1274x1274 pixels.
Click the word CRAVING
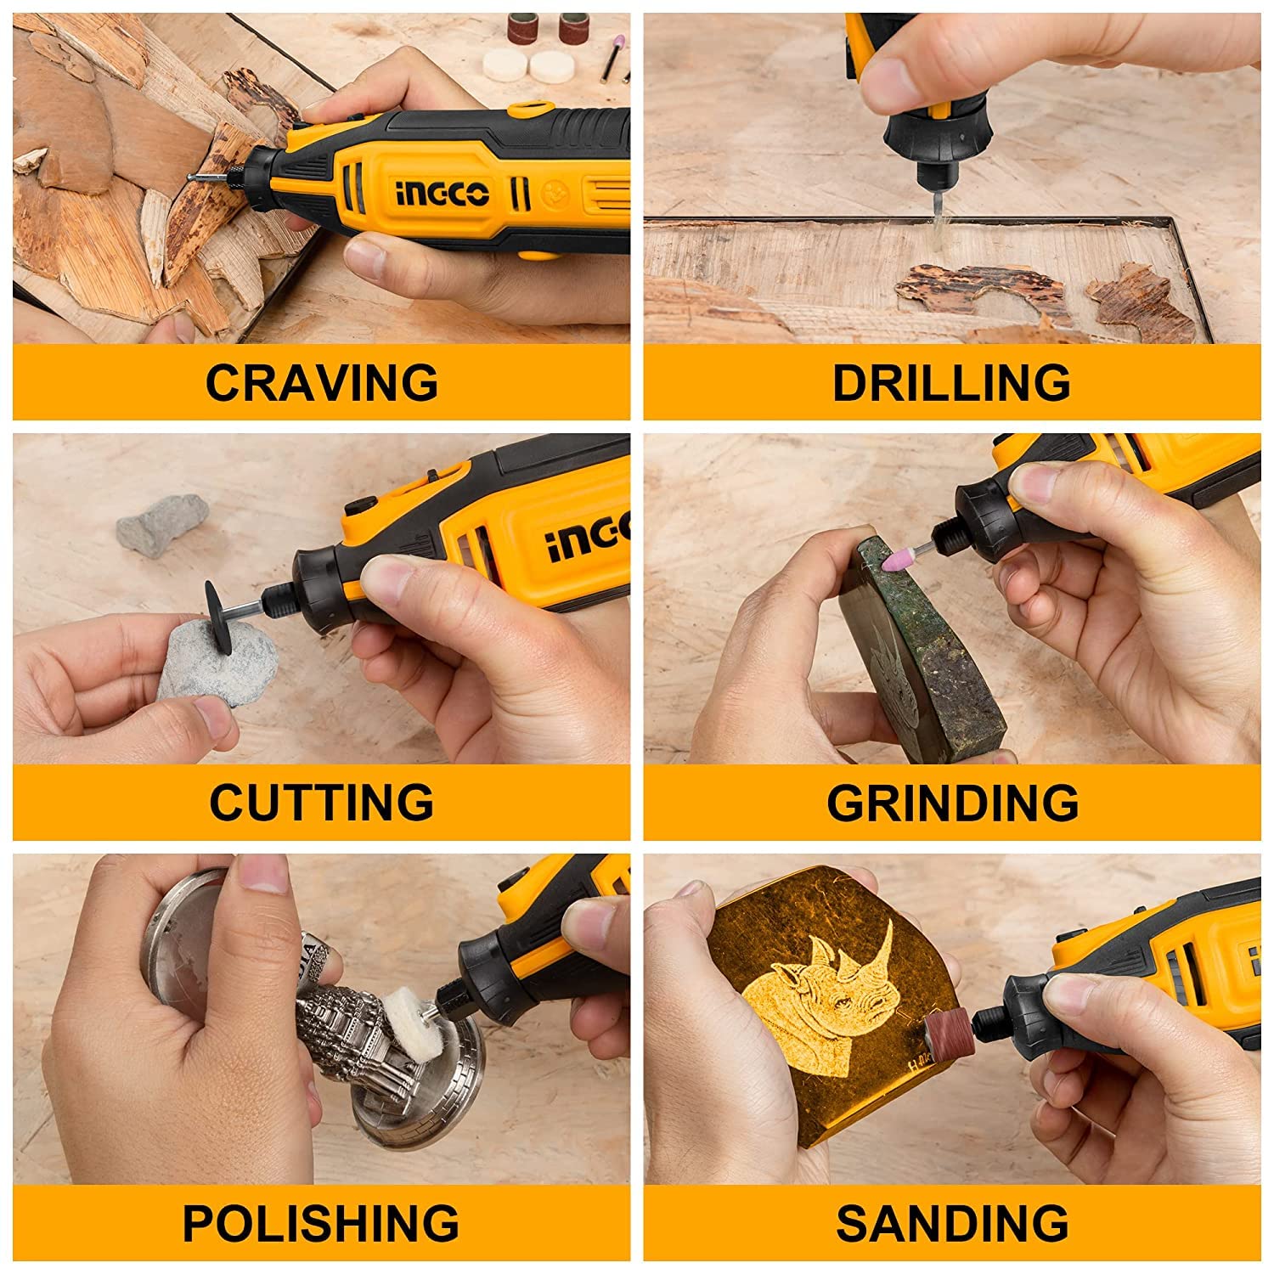pyautogui.click(x=321, y=382)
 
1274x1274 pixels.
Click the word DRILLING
pyautogui.click(x=951, y=382)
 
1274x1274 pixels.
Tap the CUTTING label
pyautogui.click(x=321, y=802)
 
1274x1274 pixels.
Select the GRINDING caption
pyautogui.click(x=952, y=802)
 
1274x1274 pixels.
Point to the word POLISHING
pyautogui.click(x=321, y=1222)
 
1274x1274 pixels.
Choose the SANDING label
pyautogui.click(x=952, y=1222)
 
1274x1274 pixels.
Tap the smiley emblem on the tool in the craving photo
pyautogui.click(x=551, y=196)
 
